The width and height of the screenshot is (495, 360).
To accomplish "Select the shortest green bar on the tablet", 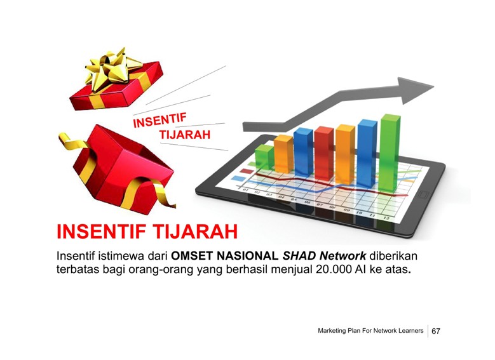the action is (264, 157).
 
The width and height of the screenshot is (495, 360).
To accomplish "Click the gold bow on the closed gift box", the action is (112, 68).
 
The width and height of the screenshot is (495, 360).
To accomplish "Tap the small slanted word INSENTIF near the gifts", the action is (159, 120).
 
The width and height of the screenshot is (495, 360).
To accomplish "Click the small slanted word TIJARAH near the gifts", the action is (185, 135).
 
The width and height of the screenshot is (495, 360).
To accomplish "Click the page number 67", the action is (436, 331).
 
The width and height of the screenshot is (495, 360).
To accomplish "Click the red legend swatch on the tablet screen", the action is (247, 171).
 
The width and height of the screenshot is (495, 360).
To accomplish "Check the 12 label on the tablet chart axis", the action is (386, 218).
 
